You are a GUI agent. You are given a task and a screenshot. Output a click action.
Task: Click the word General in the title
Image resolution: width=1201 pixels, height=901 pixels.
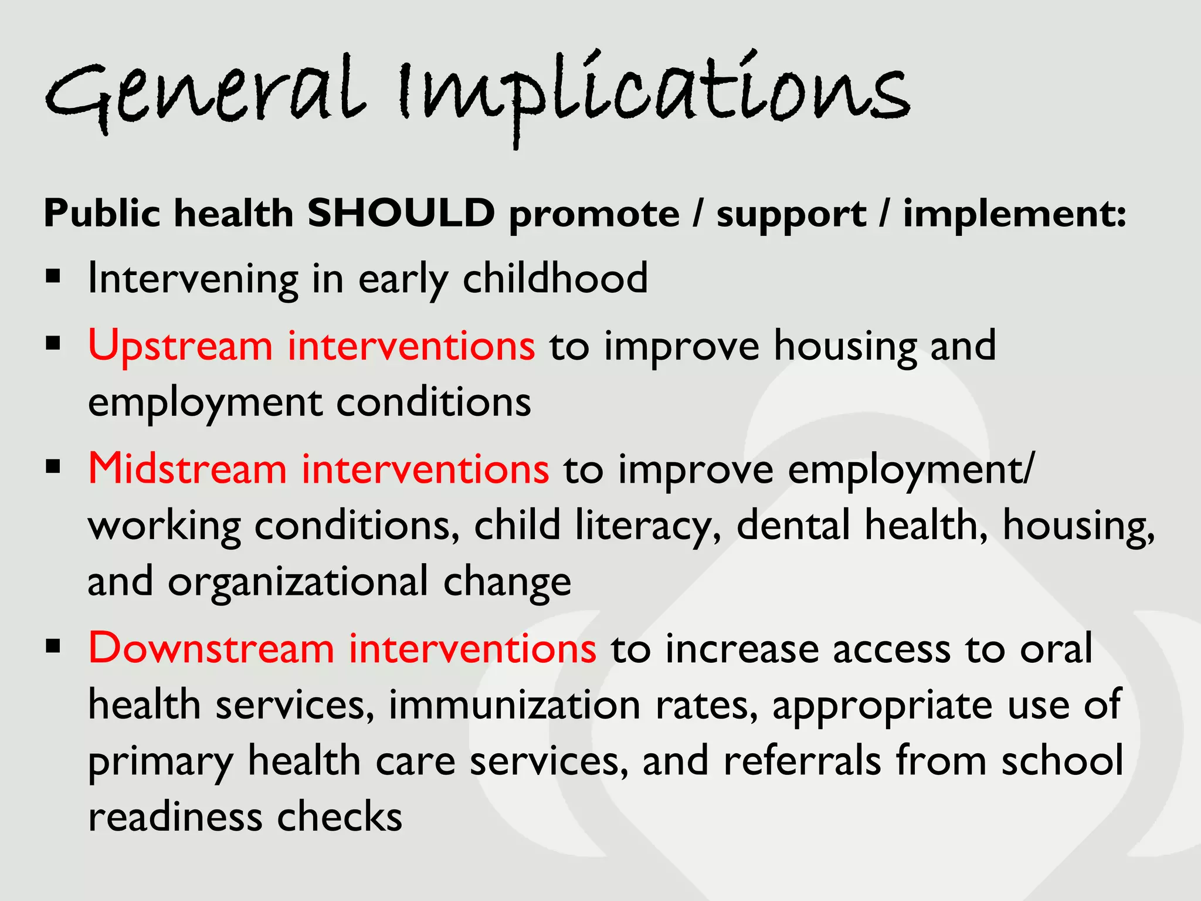[205, 94]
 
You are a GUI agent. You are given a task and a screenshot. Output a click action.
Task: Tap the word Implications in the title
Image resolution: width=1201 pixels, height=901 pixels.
[654, 94]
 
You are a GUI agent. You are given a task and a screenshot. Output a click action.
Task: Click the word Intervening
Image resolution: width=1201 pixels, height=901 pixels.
[193, 279]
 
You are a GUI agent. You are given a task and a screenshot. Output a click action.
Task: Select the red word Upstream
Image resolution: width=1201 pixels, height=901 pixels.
[180, 346]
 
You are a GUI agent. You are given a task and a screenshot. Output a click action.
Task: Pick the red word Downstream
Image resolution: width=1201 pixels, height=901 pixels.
[211, 649]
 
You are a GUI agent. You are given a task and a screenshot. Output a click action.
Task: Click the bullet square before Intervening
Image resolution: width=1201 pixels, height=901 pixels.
[53, 276]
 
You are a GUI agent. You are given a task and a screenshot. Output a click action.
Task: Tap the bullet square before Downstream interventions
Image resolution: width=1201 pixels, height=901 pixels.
[53, 646]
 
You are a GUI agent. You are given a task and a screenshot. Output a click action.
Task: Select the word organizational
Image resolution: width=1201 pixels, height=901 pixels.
[298, 582]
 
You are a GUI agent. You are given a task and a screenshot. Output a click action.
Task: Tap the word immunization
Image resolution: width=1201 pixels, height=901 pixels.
[514, 705]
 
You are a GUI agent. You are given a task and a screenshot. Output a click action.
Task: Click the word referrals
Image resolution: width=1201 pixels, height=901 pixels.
[802, 761]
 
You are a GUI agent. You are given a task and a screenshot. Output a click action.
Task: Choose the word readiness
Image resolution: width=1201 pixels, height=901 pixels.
[175, 817]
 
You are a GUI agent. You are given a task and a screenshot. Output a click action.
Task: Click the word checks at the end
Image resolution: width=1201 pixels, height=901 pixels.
[340, 817]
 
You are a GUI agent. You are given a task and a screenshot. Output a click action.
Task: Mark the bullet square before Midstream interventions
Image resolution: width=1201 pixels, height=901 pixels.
[53, 468]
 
